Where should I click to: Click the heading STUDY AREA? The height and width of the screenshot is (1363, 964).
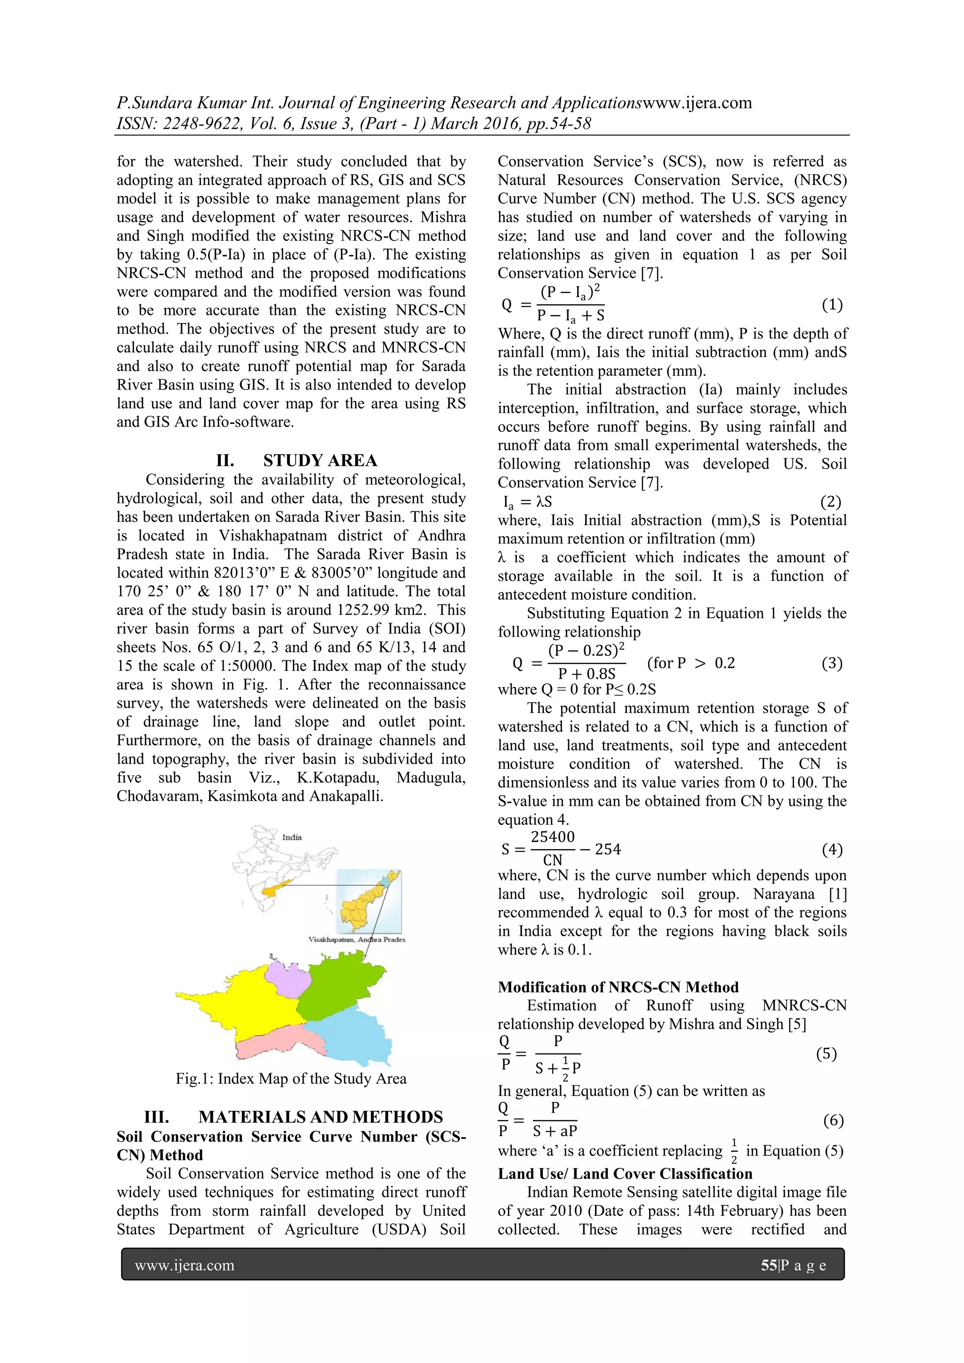click(320, 461)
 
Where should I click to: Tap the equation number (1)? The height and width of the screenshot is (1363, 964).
click(832, 305)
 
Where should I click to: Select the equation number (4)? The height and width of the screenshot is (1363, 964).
click(832, 850)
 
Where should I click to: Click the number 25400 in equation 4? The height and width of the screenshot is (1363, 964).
click(553, 837)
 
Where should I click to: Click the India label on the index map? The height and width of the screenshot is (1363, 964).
click(292, 837)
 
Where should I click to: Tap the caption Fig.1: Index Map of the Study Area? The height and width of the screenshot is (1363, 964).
click(291, 1079)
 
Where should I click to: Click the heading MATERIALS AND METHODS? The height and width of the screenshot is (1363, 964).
click(320, 1117)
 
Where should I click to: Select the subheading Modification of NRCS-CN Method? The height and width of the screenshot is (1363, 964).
click(618, 987)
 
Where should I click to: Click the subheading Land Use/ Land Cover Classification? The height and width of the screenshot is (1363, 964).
click(625, 1173)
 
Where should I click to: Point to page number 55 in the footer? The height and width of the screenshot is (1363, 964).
click(769, 1265)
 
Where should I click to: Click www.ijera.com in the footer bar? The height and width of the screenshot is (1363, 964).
click(185, 1265)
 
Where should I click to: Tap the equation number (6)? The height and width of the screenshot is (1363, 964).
click(833, 1120)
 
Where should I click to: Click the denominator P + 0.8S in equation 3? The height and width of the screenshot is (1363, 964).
click(586, 674)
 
